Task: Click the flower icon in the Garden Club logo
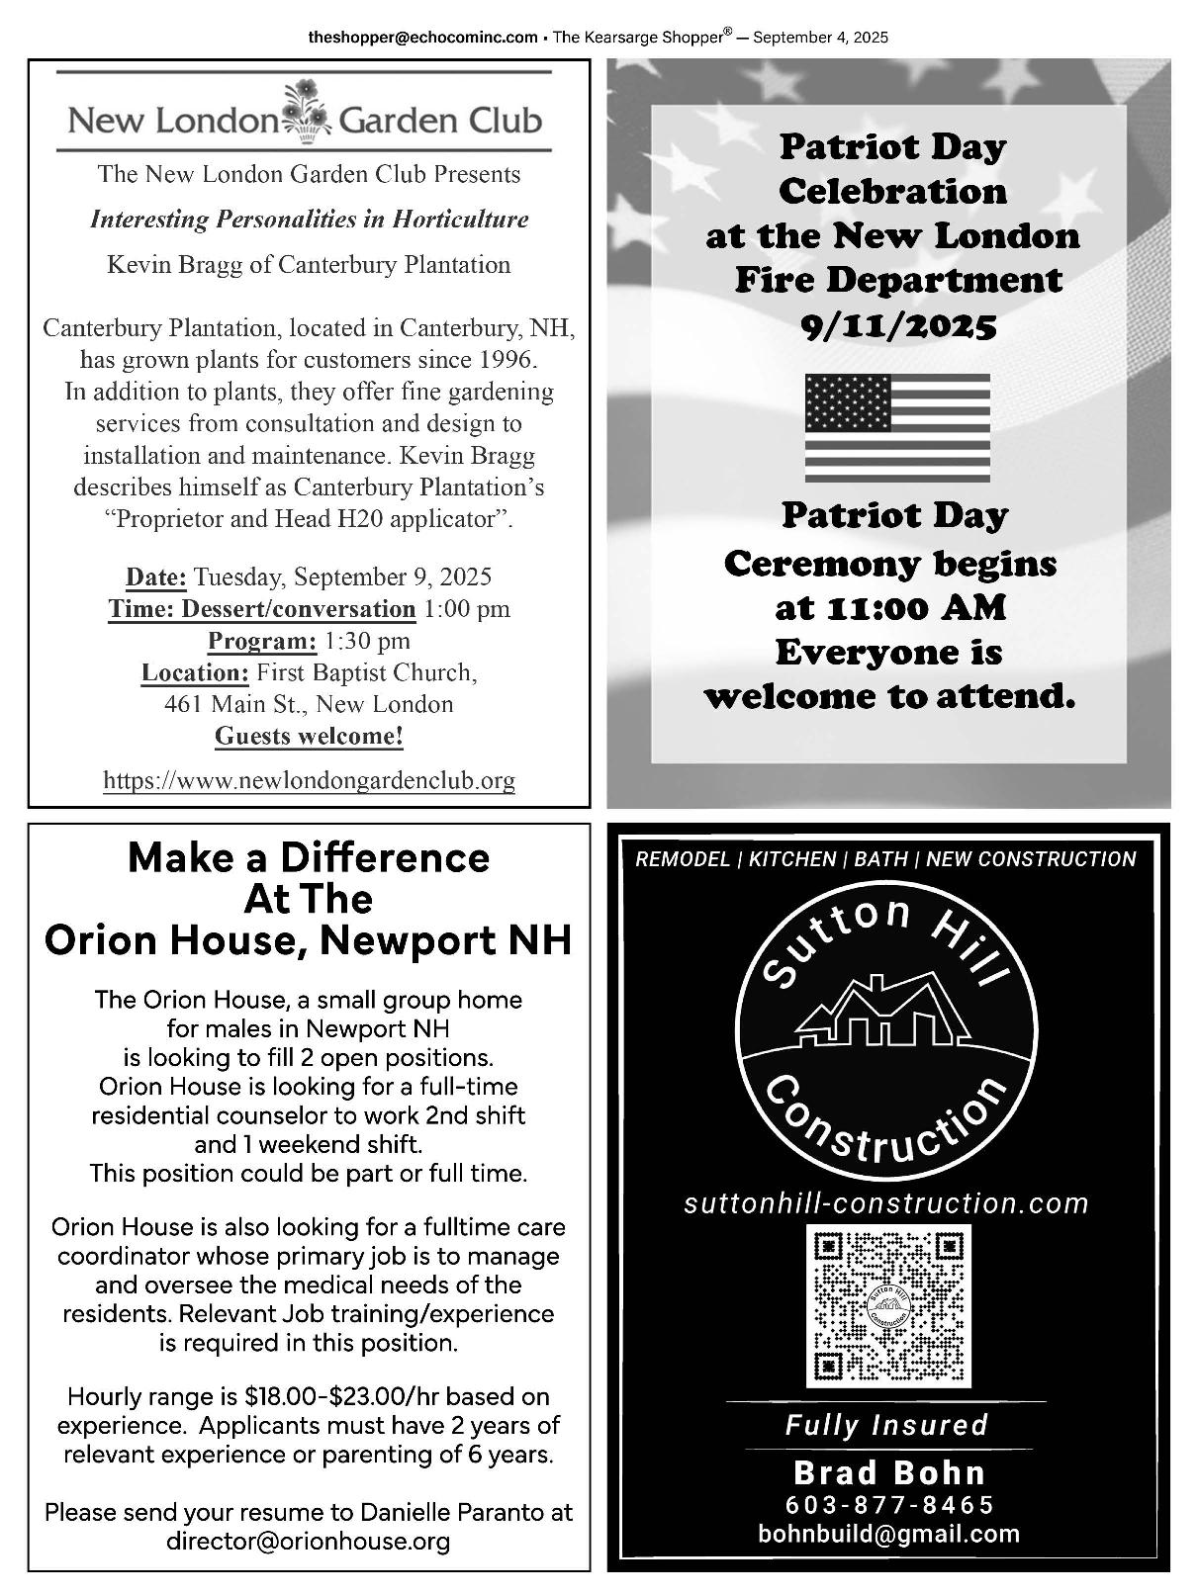(x=307, y=108)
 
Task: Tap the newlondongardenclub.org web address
(x=309, y=780)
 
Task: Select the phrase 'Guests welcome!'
(x=309, y=737)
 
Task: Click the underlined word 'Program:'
(x=262, y=641)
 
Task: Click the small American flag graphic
(x=897, y=427)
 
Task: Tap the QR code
(x=888, y=1306)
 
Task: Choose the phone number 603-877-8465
(x=888, y=1504)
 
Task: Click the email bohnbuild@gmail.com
(x=888, y=1534)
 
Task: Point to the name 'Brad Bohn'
(x=888, y=1472)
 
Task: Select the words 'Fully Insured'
(x=886, y=1425)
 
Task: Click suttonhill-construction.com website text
(x=886, y=1203)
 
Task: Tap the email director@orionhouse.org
(x=309, y=1541)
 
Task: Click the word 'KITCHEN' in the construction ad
(x=791, y=859)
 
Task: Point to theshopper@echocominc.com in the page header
(x=422, y=38)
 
